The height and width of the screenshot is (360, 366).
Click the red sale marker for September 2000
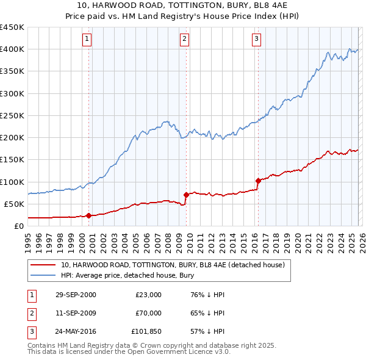tap(89, 215)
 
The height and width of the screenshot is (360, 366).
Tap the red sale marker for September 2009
tap(185, 195)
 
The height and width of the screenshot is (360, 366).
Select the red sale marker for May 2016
tap(258, 181)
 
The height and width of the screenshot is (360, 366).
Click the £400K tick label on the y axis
tap(12, 49)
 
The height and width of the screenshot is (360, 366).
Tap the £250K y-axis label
tap(12, 115)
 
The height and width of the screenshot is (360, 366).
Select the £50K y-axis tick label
tap(14, 204)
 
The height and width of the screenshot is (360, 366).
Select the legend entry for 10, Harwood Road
tap(173, 265)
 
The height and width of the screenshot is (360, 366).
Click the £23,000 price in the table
tap(148, 295)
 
